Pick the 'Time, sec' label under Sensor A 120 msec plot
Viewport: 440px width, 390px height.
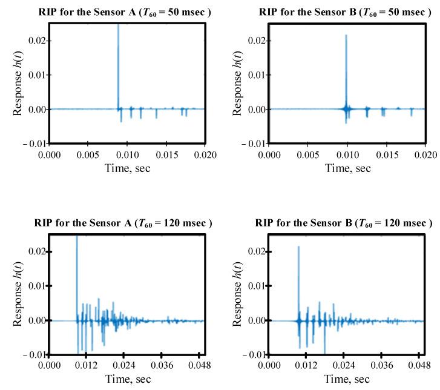click(x=126, y=379)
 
